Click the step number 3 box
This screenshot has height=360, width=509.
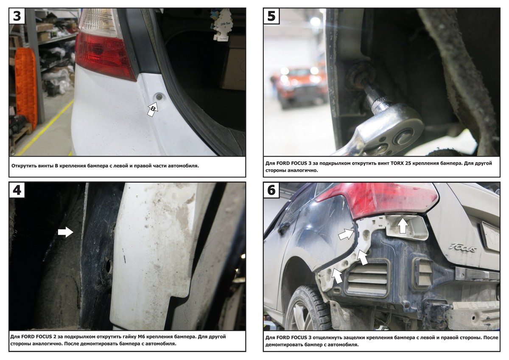click(x=17, y=16)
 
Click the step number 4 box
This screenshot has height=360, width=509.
click(x=17, y=190)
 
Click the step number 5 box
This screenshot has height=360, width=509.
click(x=271, y=16)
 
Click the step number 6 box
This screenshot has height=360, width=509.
click(x=271, y=190)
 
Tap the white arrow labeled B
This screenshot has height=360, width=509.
click(x=153, y=110)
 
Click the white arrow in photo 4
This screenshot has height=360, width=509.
click(x=65, y=232)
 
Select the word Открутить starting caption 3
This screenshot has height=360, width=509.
click(x=23, y=166)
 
